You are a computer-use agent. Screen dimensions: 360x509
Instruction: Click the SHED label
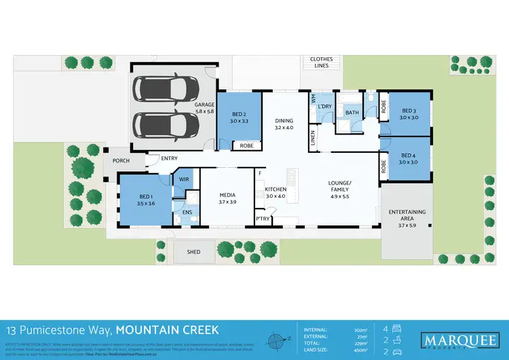coord(193,252)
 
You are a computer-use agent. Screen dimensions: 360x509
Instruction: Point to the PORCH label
coord(112,161)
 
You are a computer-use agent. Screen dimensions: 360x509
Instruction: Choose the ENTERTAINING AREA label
coord(407,216)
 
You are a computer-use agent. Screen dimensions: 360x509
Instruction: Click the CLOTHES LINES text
coord(322,62)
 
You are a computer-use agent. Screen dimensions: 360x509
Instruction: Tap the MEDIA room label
coord(227,198)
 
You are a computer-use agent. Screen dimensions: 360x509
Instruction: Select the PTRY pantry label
coord(263,218)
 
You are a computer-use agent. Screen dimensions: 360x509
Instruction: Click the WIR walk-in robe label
coord(184,179)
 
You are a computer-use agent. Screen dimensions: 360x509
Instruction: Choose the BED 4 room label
coord(407,158)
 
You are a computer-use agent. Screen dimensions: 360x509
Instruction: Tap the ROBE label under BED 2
coord(246,145)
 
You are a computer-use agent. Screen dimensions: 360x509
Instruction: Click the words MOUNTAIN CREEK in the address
coord(167,330)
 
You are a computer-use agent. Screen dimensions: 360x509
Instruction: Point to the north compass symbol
coord(276,340)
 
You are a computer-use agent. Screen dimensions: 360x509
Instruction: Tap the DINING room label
coord(284,124)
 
